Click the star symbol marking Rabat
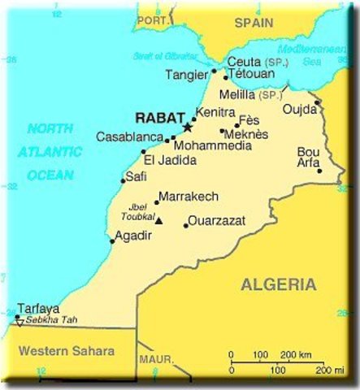pyautogui.click(x=187, y=128)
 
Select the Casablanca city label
pyautogui.click(x=130, y=137)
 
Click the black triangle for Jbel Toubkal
pyautogui.click(x=159, y=220)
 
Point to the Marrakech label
pyautogui.click(x=189, y=197)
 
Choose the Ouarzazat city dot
pyautogui.click(x=186, y=225)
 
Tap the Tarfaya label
pyautogui.click(x=38, y=309)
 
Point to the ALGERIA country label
pyautogui.click(x=279, y=284)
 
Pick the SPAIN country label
pyautogui.click(x=254, y=24)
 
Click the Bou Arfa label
pyautogui.click(x=309, y=157)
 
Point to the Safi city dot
pyautogui.click(x=124, y=180)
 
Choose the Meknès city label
pyautogui.click(x=247, y=135)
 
